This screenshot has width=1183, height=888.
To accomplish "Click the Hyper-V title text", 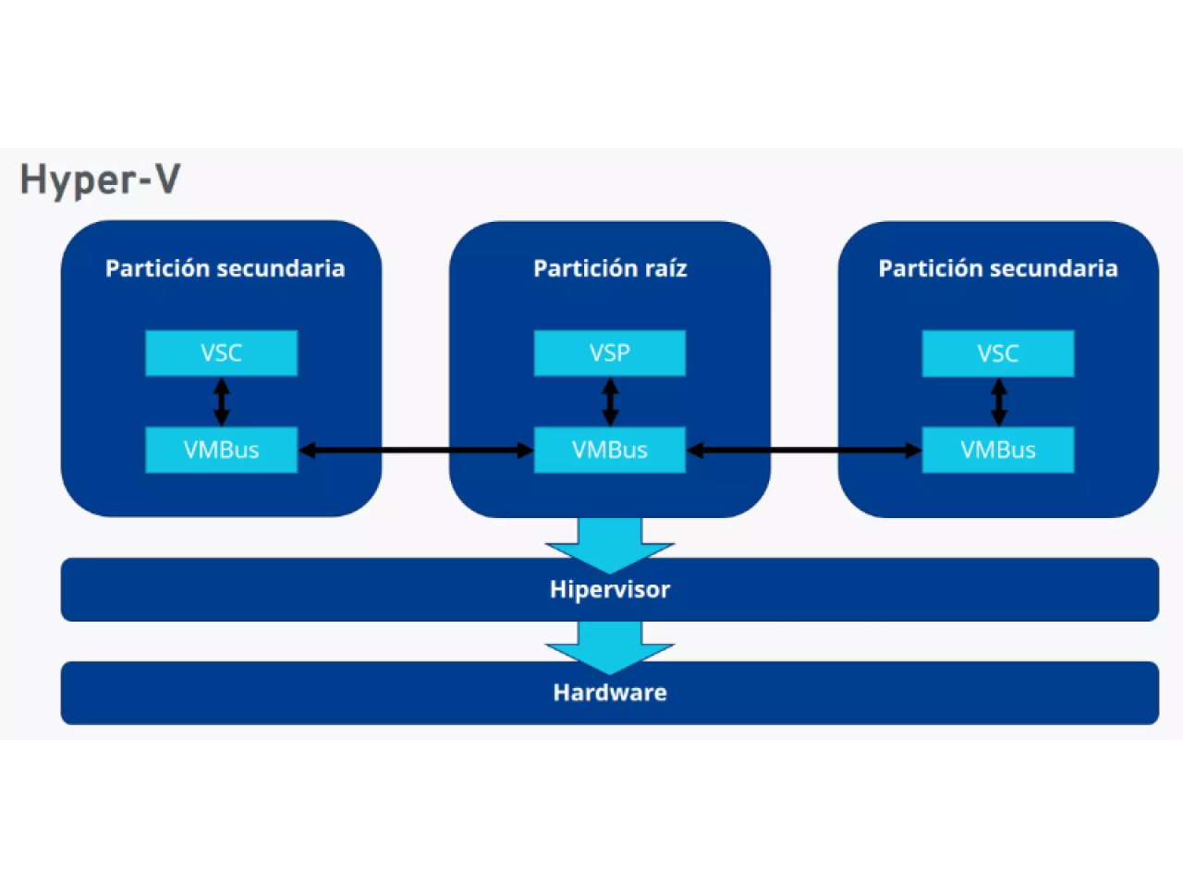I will click(100, 179).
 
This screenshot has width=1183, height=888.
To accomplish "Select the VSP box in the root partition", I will click(609, 352).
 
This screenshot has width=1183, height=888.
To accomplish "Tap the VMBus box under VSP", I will click(609, 450).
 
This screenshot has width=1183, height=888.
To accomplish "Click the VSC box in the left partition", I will click(221, 352).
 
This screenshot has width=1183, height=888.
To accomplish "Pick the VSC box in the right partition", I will click(997, 353).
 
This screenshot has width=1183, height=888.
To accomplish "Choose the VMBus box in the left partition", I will click(221, 450).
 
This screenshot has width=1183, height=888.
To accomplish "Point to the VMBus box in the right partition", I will click(997, 450).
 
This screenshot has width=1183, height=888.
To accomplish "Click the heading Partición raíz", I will click(610, 268).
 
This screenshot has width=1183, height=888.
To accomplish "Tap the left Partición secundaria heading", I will click(225, 268).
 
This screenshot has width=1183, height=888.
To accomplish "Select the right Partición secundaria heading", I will click(997, 268).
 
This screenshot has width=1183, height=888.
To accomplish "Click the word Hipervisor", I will click(610, 589).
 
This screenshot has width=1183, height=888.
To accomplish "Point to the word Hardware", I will click(610, 692).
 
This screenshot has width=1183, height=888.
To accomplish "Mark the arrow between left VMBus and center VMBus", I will click(416, 450).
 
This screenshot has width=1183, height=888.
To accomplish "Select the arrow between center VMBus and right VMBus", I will click(804, 450).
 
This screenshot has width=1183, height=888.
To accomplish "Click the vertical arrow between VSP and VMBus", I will click(610, 401).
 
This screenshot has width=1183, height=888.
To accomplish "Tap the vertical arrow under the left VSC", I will click(222, 401).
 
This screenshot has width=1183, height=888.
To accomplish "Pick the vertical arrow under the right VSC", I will click(998, 401).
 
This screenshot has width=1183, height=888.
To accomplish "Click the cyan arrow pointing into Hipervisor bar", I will click(610, 544).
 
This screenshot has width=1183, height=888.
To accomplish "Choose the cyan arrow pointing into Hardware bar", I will click(610, 646).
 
